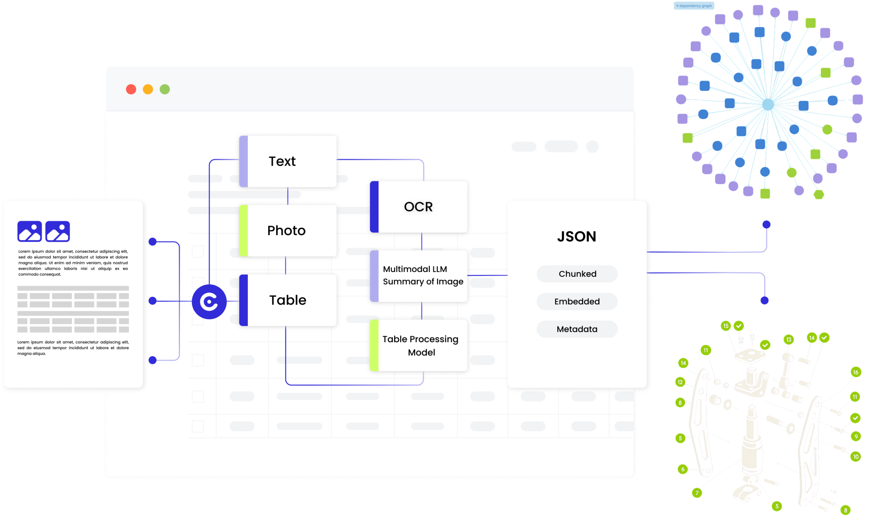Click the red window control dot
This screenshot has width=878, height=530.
tap(131, 89)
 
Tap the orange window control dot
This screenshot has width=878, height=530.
tap(148, 89)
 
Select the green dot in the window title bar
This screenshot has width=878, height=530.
tap(165, 89)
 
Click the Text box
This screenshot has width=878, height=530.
tap(288, 161)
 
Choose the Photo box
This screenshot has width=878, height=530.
tap(288, 231)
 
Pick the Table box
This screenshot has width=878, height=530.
tap(288, 300)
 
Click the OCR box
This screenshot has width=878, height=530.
tap(419, 207)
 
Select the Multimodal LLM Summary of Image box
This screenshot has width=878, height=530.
tap(419, 276)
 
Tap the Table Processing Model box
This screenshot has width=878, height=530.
tap(419, 345)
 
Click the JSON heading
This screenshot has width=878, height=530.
tap(577, 237)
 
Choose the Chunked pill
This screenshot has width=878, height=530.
tap(577, 274)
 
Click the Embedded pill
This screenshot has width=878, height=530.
tap(577, 301)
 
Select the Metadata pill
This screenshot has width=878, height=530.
tap(577, 329)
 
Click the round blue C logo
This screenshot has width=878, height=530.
tap(209, 302)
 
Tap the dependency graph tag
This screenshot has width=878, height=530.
tap(694, 6)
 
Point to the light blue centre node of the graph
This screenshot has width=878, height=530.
tap(768, 104)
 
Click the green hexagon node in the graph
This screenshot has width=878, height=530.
tap(819, 194)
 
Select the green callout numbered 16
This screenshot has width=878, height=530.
tap(856, 372)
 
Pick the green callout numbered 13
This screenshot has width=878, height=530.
tap(788, 340)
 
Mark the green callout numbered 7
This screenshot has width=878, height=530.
tap(697, 493)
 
